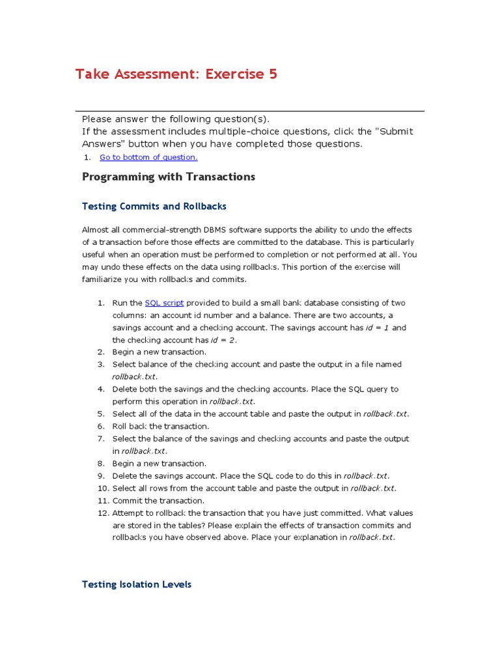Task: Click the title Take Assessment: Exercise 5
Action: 176,74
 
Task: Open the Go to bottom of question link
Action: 148,157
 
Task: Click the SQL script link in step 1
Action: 164,303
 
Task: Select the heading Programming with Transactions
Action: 169,177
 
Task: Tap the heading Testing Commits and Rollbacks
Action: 154,206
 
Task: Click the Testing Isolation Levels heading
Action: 137,584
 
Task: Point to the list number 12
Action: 101,513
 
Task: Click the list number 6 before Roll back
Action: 102,426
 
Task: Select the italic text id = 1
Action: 378,328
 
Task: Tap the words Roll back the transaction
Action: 161,426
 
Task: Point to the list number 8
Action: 102,464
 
